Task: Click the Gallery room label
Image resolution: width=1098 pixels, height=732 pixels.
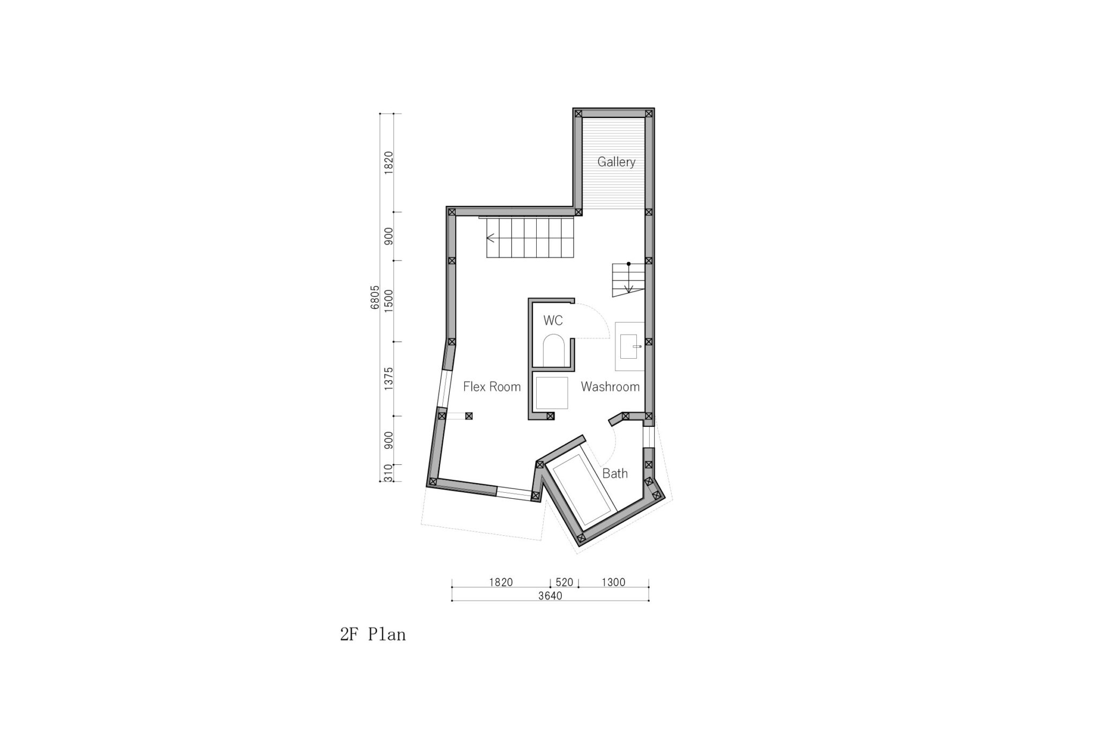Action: pyautogui.click(x=617, y=162)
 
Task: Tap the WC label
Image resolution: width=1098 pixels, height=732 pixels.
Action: pyautogui.click(x=553, y=321)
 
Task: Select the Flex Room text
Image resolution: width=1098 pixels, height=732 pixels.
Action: pyautogui.click(x=492, y=387)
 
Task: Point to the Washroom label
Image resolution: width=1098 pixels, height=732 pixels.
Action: pyautogui.click(x=610, y=387)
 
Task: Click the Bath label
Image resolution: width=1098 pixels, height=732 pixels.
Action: pyautogui.click(x=614, y=474)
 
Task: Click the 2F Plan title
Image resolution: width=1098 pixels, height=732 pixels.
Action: pyautogui.click(x=373, y=635)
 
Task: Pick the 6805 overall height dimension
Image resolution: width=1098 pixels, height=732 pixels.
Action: pyautogui.click(x=375, y=297)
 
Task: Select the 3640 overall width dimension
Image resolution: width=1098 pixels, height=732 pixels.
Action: pyautogui.click(x=550, y=596)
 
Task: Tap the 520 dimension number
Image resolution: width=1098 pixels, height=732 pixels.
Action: pyautogui.click(x=565, y=582)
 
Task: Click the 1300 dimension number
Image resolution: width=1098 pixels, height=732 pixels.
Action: pyautogui.click(x=613, y=582)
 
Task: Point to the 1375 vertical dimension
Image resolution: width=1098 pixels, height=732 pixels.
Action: pyautogui.click(x=389, y=378)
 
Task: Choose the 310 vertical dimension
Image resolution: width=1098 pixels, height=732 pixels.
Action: pyautogui.click(x=389, y=473)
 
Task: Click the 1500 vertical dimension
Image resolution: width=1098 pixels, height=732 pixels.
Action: pyautogui.click(x=389, y=301)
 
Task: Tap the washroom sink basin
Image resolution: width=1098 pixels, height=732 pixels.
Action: pyautogui.click(x=628, y=346)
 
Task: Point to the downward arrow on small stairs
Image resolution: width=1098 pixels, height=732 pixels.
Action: pyautogui.click(x=629, y=279)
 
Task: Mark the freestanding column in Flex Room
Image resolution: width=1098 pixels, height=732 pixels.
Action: pyautogui.click(x=469, y=416)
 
